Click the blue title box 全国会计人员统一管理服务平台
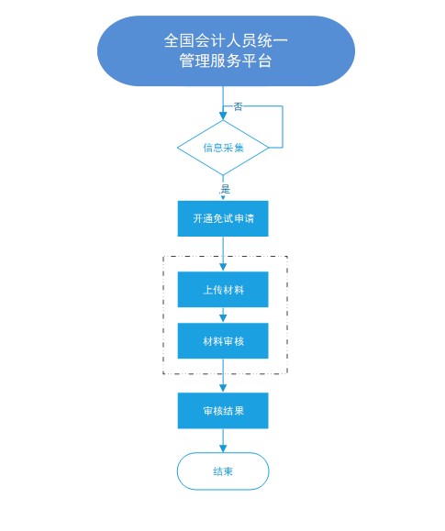click(226, 50)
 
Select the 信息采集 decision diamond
click(223, 148)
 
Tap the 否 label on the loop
click(239, 107)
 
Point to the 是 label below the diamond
click(226, 189)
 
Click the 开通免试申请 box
click(223, 218)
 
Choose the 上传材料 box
click(223, 290)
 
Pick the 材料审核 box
click(223, 340)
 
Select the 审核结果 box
click(223, 411)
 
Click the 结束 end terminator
click(223, 471)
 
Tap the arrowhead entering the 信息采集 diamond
click(223, 116)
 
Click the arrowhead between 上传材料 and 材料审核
click(223, 318)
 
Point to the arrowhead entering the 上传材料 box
click(223, 267)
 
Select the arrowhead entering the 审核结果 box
click(223, 388)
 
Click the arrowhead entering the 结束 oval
click(223, 448)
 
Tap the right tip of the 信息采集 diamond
click(269, 148)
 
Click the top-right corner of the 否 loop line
click(283, 106)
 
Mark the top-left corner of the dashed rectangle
click(163, 257)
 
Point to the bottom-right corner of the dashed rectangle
click(287, 373)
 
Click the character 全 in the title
click(172, 40)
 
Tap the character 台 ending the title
click(264, 61)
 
